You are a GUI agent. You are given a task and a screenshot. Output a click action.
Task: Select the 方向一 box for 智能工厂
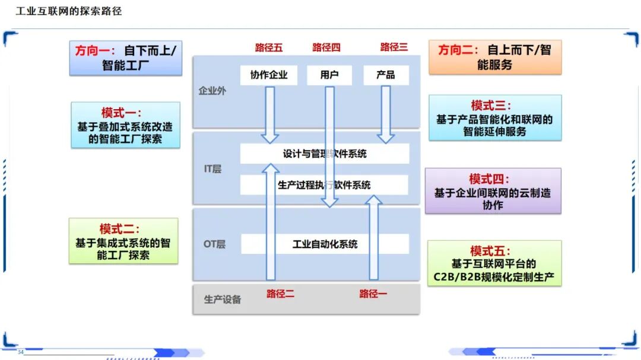point(126,58)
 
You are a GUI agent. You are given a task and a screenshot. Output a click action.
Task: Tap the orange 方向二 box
point(494,57)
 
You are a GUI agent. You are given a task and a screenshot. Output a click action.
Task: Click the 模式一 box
point(125,125)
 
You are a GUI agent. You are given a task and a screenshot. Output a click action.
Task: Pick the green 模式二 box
point(123,241)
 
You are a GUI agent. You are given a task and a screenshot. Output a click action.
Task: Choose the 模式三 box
point(494,118)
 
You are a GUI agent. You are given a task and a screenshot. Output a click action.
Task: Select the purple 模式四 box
point(493,191)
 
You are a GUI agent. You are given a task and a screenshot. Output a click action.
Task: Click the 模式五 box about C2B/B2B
point(494,263)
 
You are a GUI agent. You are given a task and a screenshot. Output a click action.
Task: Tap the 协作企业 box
point(268,75)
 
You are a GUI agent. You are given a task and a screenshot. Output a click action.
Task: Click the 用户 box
point(329,75)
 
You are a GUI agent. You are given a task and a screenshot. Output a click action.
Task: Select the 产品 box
point(386,75)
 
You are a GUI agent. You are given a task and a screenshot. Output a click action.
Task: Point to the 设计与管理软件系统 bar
point(324,154)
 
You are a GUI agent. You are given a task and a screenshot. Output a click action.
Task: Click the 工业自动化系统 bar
point(325,244)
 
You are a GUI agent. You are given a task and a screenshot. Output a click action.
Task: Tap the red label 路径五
point(269,47)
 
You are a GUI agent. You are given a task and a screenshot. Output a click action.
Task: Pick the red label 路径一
point(373,293)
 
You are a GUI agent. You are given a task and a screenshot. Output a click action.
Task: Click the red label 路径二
point(280,293)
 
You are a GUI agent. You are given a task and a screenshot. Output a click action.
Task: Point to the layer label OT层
point(214,244)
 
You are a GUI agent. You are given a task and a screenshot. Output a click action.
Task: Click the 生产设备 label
point(223,300)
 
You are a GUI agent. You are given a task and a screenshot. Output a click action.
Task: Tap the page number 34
point(20,352)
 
